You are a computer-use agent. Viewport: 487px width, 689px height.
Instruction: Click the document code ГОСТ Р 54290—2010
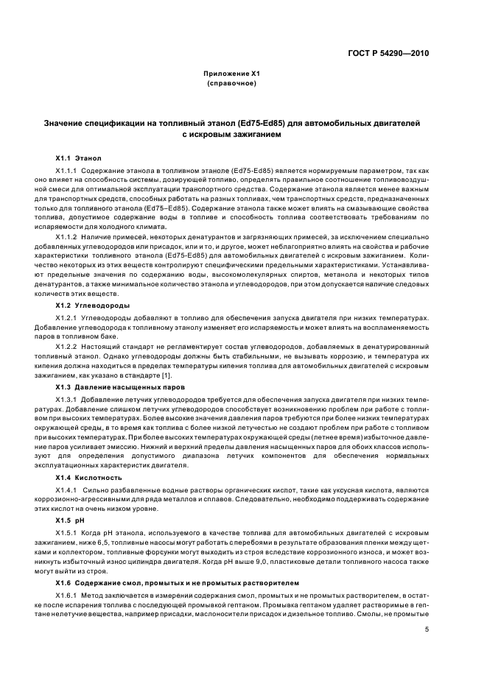pos(389,54)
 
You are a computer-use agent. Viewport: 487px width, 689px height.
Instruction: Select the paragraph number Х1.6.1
pos(69,594)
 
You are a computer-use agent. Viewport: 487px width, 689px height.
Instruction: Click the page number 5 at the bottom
pos(427,629)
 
